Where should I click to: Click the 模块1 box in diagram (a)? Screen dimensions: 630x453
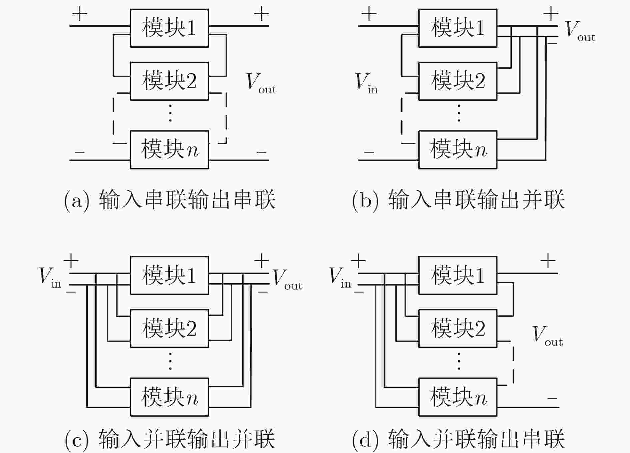(x=169, y=28)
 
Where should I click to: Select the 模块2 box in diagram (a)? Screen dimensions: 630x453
(x=169, y=81)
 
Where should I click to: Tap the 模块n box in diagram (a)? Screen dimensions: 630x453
(x=169, y=150)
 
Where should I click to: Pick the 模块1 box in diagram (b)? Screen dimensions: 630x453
(x=458, y=28)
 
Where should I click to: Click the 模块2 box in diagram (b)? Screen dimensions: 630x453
(x=458, y=81)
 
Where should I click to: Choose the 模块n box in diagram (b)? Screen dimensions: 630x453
(x=458, y=150)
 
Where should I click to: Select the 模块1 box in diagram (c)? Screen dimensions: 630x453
(x=169, y=275)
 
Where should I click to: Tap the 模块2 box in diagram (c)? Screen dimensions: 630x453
(x=169, y=329)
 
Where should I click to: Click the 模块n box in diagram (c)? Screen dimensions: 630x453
(x=169, y=397)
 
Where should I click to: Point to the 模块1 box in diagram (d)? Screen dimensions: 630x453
(x=458, y=275)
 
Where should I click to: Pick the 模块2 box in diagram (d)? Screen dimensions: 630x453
(x=458, y=329)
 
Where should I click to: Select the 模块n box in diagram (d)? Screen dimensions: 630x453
(x=458, y=397)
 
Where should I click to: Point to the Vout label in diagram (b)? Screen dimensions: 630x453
(x=580, y=31)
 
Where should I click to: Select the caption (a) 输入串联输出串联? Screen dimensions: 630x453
(x=170, y=200)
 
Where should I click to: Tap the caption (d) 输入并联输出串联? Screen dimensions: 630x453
(x=458, y=439)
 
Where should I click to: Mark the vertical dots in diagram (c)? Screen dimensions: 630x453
(x=170, y=361)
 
